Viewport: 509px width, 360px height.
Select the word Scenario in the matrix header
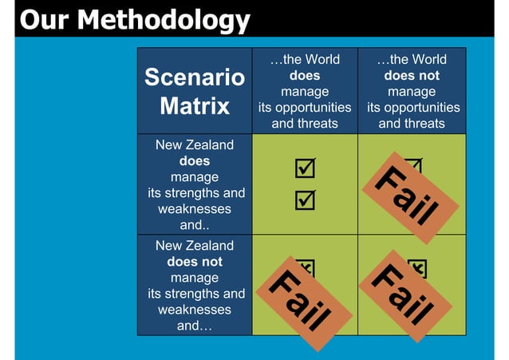194,77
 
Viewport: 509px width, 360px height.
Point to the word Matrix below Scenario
194,105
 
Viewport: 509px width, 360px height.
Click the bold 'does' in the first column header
304,76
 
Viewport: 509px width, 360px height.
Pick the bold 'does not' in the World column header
412,76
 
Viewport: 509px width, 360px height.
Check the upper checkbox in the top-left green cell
304,168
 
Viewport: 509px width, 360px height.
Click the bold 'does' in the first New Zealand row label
195,161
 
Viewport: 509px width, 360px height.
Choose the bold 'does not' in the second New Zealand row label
195,262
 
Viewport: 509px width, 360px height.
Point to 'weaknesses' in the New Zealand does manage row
195,209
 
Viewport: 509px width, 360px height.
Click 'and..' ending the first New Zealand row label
195,225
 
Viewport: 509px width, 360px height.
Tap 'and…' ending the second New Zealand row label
195,326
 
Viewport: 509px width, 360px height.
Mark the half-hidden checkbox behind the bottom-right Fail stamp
417,267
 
